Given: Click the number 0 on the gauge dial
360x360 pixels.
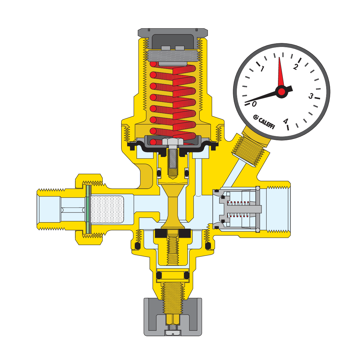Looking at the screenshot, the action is (x=254, y=104).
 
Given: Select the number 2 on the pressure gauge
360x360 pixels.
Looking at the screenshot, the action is (x=296, y=66).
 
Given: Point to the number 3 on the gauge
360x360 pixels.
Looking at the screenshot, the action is (x=311, y=96).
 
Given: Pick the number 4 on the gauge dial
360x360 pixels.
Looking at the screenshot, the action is (x=286, y=121).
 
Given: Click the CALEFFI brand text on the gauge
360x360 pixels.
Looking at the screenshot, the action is (x=264, y=122).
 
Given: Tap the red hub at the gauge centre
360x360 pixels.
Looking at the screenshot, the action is (x=282, y=92).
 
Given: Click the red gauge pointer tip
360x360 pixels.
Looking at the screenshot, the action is (x=280, y=57).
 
